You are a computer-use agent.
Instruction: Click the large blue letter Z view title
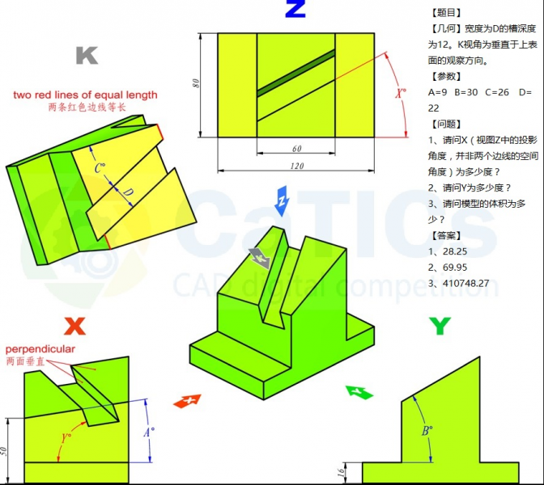295,8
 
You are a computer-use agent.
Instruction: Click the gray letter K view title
87,56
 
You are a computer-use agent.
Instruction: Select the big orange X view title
75,326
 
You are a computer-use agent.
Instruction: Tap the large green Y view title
440,326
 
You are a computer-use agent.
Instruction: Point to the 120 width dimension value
297,166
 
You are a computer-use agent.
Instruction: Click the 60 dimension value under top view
296,149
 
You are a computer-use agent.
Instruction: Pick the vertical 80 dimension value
196,83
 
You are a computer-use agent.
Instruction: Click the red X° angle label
401,93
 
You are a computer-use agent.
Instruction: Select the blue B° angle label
427,431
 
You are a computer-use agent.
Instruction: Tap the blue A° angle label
149,432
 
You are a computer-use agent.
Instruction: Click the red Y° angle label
66,438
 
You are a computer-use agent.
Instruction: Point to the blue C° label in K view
100,168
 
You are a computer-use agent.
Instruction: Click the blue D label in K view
128,192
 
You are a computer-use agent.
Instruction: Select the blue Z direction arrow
282,201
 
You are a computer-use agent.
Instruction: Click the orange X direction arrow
187,401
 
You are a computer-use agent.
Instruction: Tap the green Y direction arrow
359,393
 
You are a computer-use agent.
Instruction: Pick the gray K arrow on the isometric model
260,258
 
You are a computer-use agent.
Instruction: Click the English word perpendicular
40,349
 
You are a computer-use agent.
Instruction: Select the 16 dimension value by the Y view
341,472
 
